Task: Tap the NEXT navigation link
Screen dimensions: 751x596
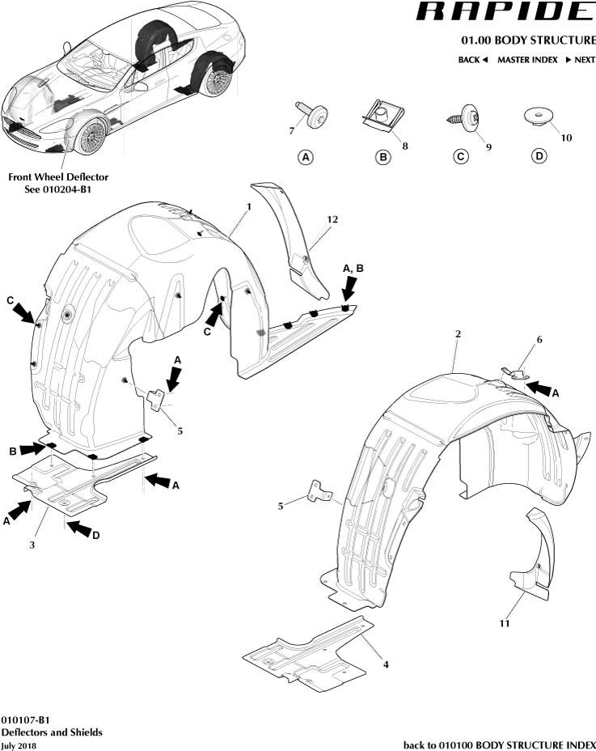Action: (580, 60)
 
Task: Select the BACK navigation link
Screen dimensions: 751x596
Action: (472, 60)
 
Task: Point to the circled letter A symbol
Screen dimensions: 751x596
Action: (306, 157)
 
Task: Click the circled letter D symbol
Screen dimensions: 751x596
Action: (539, 156)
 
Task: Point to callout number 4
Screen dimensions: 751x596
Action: (386, 664)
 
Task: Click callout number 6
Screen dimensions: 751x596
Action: (539, 341)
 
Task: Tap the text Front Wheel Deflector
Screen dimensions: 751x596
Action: (58, 176)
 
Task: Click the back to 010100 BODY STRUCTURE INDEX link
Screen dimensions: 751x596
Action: (499, 745)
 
